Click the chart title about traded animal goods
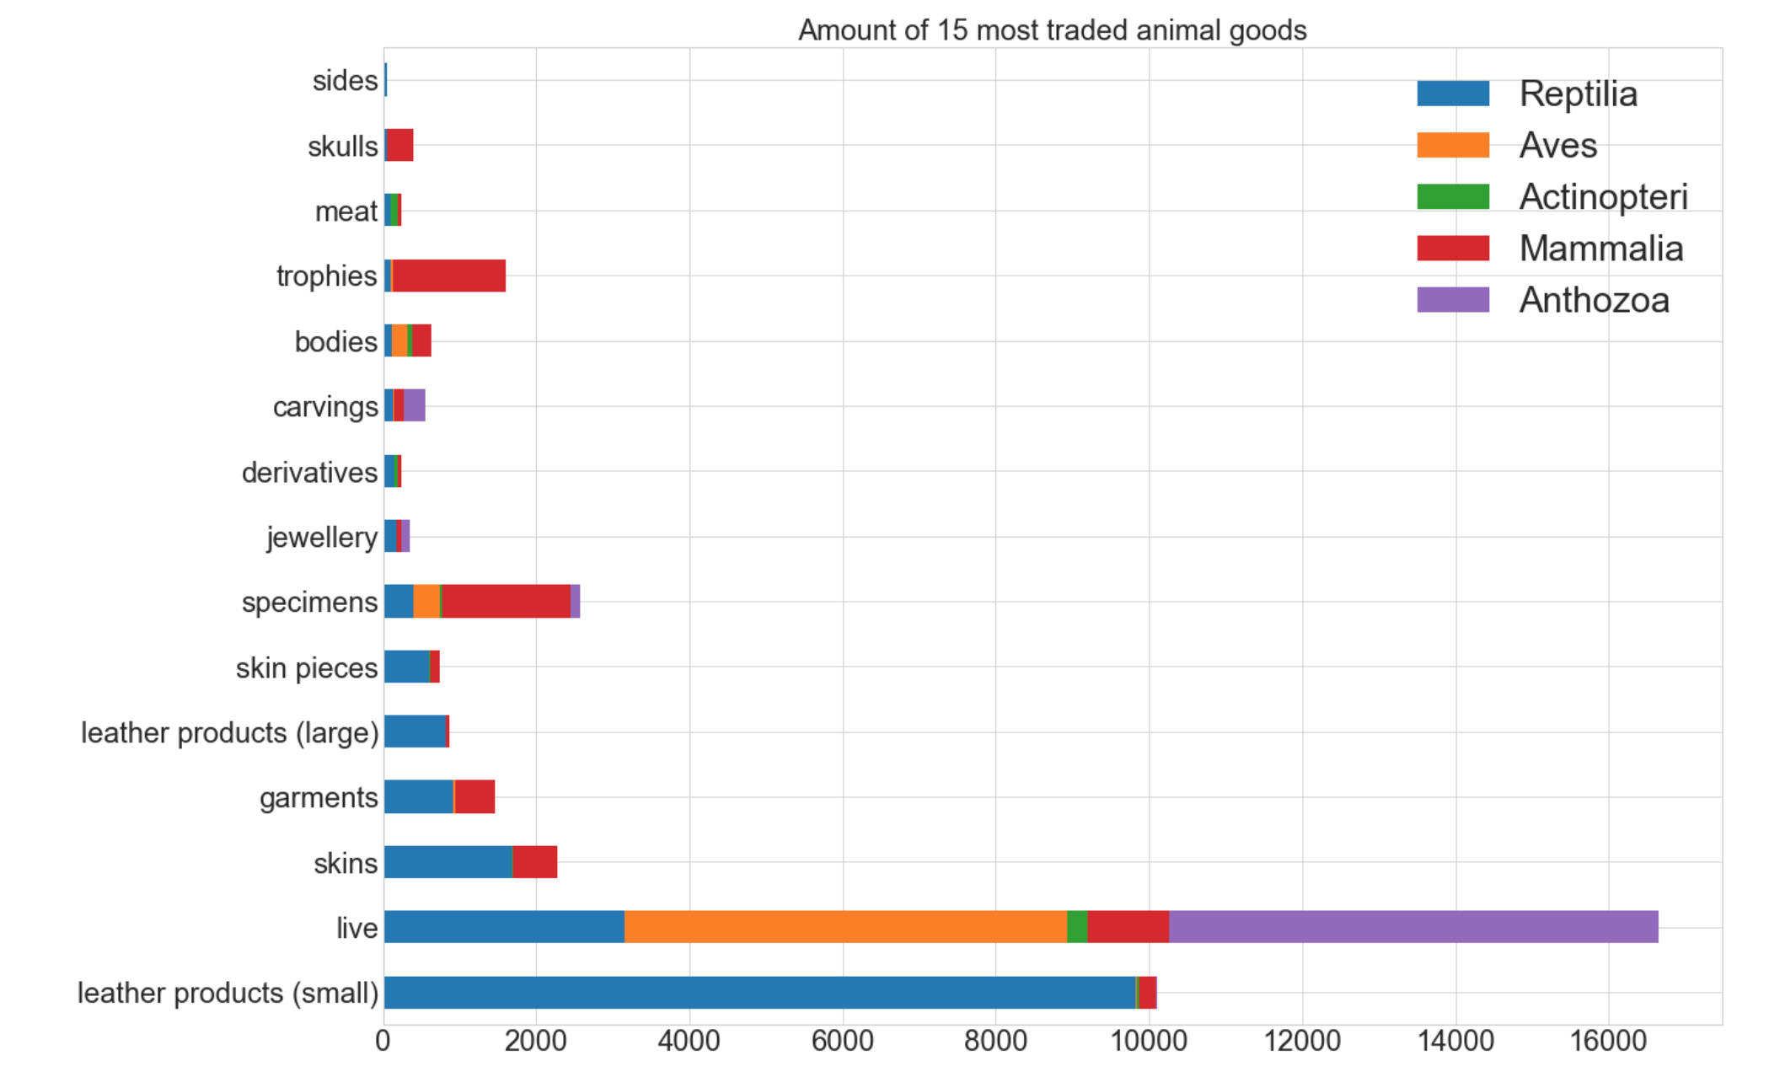1052,30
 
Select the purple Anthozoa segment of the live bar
1412,927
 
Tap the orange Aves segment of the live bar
845,927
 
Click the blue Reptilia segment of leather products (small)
758,993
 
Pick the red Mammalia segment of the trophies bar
449,276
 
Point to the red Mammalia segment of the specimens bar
506,602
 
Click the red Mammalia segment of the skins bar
535,862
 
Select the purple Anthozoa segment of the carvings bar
415,406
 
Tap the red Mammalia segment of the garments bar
474,797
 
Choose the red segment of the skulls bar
400,146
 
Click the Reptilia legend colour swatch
1453,94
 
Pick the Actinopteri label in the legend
1603,197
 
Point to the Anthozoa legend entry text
1594,300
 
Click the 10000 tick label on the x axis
1149,1042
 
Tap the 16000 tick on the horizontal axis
1608,1042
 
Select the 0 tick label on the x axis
383,1042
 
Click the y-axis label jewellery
322,537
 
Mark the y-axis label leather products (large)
229,732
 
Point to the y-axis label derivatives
309,472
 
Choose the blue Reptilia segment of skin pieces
406,667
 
